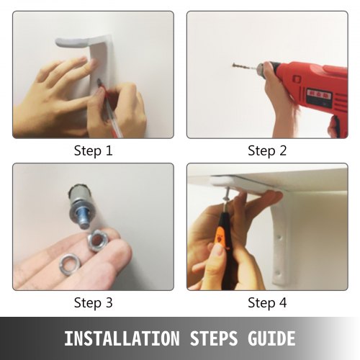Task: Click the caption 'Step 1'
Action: click(x=93, y=150)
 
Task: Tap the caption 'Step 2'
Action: click(x=267, y=150)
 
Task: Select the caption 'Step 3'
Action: click(x=93, y=302)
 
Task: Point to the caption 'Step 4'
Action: click(x=267, y=302)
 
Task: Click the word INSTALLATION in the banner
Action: click(x=122, y=338)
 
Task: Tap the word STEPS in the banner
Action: click(x=214, y=338)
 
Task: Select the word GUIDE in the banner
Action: click(x=271, y=338)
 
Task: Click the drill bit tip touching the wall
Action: click(x=233, y=64)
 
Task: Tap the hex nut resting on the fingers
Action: click(x=97, y=240)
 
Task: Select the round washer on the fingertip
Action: click(x=70, y=263)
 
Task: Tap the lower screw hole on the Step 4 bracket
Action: click(x=279, y=273)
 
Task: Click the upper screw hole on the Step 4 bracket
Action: click(x=279, y=238)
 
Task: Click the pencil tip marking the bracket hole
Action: click(x=99, y=82)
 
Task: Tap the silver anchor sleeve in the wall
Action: click(x=76, y=197)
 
